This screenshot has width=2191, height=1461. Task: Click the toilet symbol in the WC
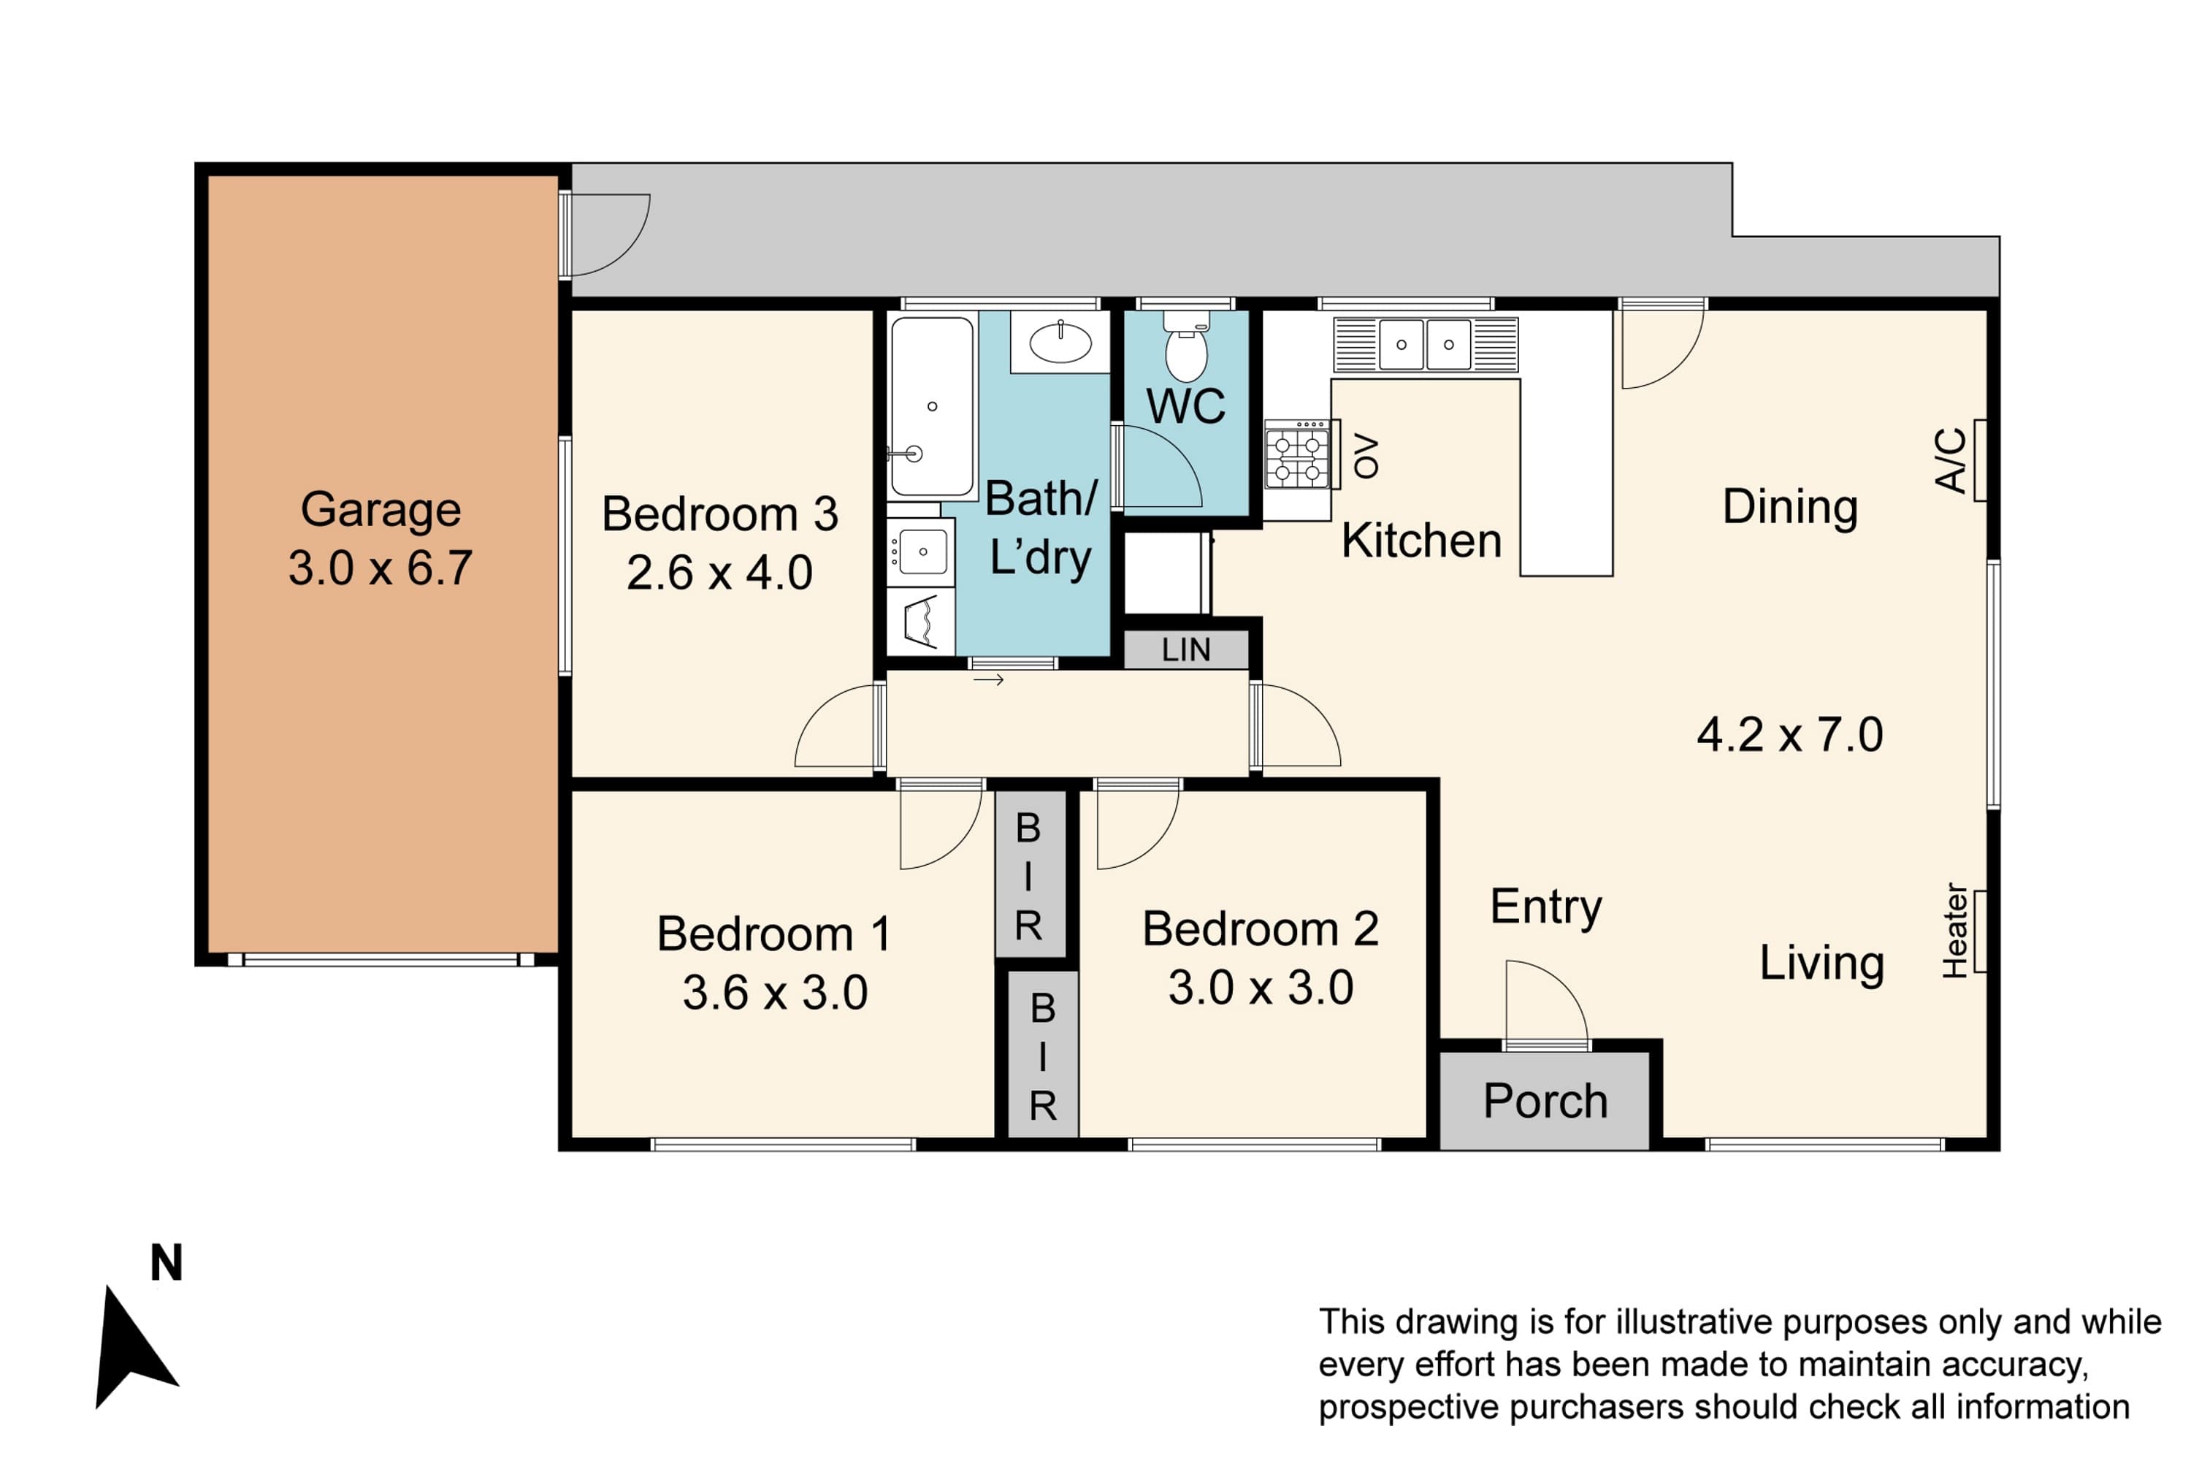click(1186, 346)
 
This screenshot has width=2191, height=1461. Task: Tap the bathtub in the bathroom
click(932, 406)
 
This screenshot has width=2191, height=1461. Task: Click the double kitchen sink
click(1426, 345)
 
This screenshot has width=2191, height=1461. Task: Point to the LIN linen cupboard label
click(1186, 649)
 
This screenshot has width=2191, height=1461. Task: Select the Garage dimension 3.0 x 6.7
click(380, 568)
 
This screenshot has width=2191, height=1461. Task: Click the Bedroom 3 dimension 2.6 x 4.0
click(719, 572)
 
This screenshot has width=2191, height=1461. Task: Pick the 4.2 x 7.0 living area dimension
click(1789, 734)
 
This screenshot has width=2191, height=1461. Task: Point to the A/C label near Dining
click(1951, 460)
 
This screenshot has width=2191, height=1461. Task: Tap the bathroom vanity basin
click(1060, 342)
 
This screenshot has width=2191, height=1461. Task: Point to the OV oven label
click(1366, 457)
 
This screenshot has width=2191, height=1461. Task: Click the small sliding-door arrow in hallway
click(988, 680)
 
